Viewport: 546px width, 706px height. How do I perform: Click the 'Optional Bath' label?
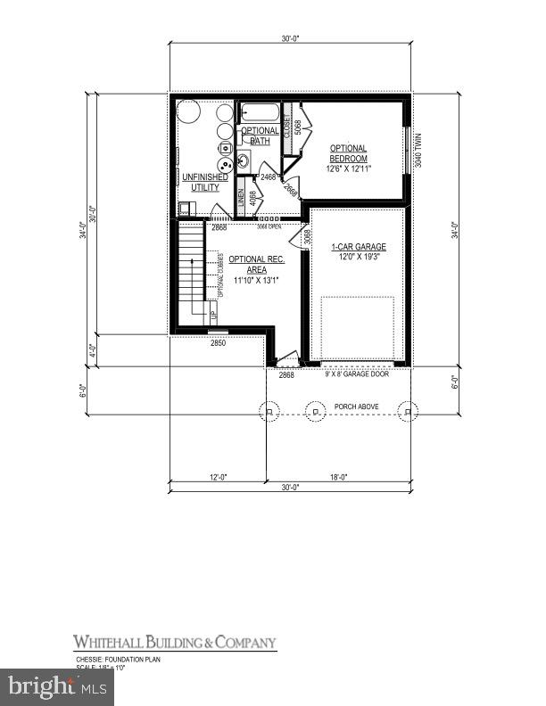click(x=260, y=136)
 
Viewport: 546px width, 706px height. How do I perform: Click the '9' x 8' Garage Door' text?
click(x=356, y=374)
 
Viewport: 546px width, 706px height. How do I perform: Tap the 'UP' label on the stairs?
click(x=213, y=315)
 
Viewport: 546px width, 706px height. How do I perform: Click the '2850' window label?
click(x=219, y=342)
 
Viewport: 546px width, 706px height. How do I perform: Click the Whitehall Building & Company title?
click(x=174, y=643)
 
